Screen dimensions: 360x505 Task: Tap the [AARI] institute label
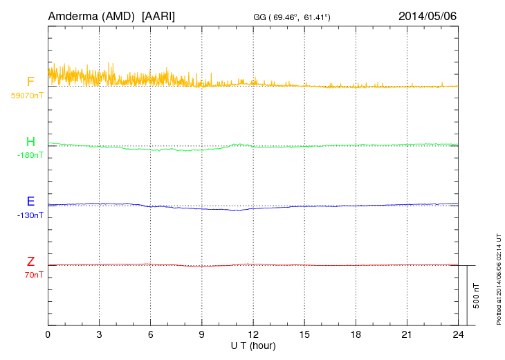(x=158, y=15)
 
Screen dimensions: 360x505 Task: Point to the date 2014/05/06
(x=428, y=15)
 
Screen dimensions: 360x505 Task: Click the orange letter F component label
(x=30, y=82)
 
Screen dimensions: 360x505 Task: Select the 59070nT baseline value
(x=27, y=95)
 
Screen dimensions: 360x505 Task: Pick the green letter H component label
(x=30, y=142)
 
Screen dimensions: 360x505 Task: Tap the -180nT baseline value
(x=30, y=155)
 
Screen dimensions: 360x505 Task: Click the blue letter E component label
(x=30, y=201)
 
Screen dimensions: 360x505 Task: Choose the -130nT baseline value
(x=30, y=215)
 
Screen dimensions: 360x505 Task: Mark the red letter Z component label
(x=30, y=262)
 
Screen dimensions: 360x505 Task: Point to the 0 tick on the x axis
(x=48, y=334)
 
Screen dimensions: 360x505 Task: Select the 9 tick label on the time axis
(x=202, y=334)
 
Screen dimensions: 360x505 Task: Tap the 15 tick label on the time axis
(x=304, y=334)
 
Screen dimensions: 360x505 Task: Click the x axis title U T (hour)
(x=253, y=345)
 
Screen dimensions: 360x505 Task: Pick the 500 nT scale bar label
(x=477, y=296)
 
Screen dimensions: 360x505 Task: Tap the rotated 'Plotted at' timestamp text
(x=498, y=278)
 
